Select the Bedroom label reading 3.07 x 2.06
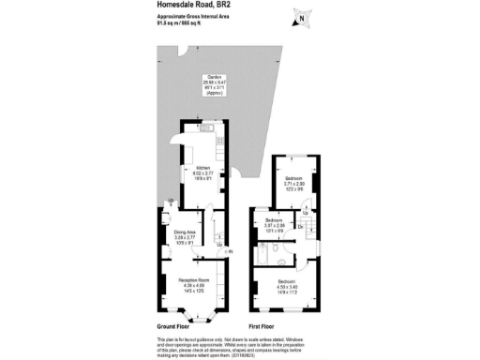(274, 225)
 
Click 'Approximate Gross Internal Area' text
(194, 17)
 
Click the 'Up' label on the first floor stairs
(305, 213)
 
